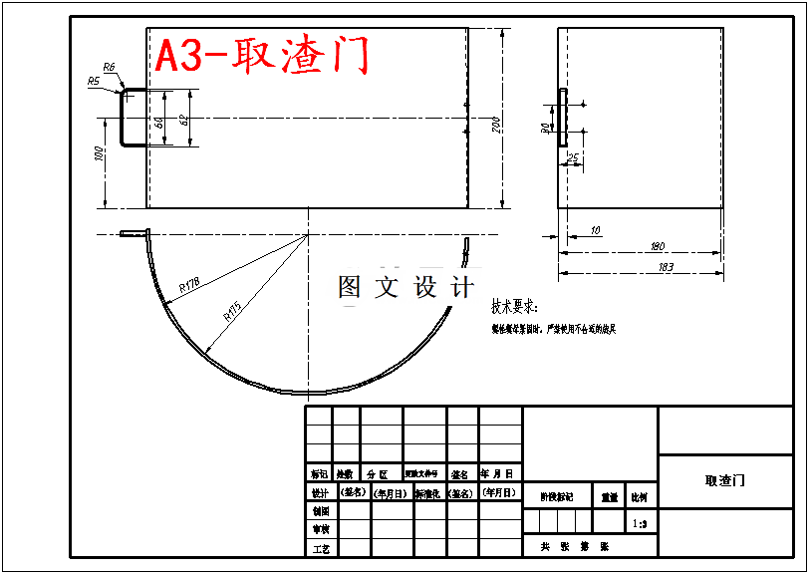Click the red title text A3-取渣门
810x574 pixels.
click(262, 56)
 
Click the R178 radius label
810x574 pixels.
click(189, 286)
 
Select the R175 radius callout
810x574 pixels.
click(231, 312)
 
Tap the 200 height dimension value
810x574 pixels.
click(496, 124)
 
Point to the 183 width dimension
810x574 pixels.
click(666, 266)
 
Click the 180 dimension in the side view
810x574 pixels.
click(657, 246)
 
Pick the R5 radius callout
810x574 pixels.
click(94, 81)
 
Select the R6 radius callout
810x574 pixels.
click(109, 66)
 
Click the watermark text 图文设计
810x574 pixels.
click(405, 287)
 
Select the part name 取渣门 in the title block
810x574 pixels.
click(725, 480)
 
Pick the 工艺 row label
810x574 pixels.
click(320, 548)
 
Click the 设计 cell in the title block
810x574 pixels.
click(320, 492)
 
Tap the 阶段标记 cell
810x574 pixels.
click(557, 496)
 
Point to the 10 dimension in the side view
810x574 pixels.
click(596, 231)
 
